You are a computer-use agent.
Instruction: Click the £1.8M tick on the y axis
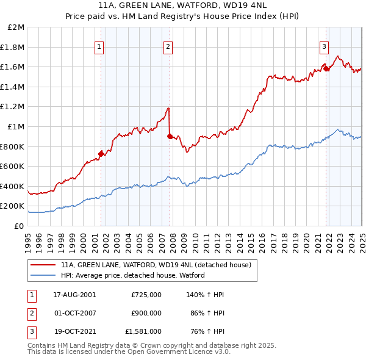13,47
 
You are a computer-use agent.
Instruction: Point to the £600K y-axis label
13,167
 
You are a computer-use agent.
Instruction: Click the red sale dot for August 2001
101,154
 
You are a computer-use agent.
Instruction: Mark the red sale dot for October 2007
170,137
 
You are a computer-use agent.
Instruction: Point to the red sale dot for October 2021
326,68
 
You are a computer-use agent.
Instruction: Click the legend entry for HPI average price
132,275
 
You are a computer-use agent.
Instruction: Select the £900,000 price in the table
146,314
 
